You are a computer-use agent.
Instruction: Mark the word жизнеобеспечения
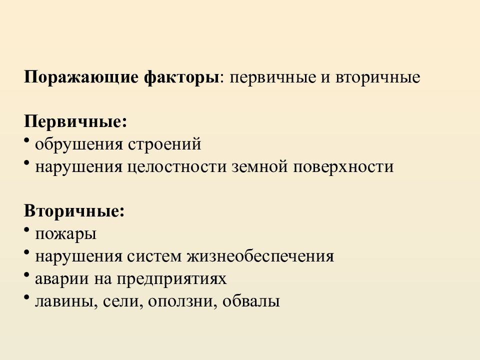pos(260,256)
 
